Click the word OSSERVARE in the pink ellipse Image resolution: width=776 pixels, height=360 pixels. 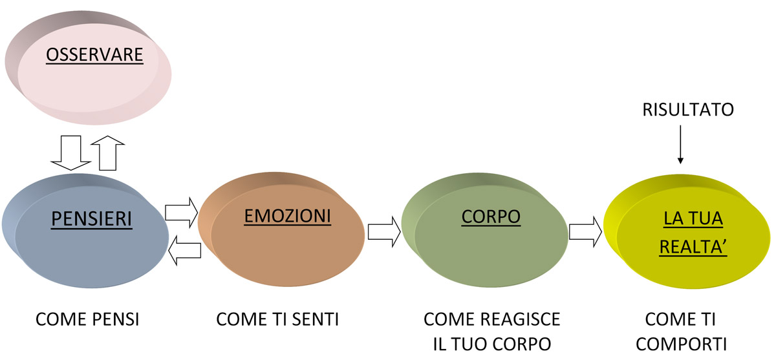point(94,56)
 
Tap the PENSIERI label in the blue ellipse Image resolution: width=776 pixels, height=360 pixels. point(92,220)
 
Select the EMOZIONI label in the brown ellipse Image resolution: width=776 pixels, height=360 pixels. point(287,216)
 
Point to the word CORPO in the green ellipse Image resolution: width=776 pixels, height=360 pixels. point(491,217)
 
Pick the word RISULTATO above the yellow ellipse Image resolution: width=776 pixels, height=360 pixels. point(688,110)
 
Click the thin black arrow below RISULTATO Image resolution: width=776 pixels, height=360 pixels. point(680,146)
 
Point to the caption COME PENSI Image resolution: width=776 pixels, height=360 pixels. point(88,319)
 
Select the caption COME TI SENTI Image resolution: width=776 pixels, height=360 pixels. point(278,319)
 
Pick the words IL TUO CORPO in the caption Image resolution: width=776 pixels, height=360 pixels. point(491,342)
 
